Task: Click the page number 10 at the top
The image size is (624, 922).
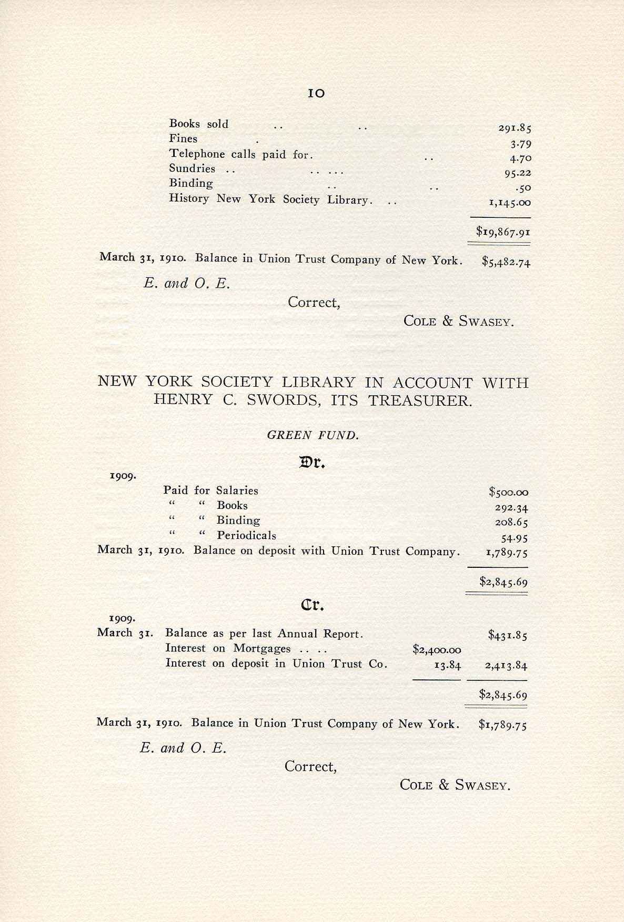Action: [316, 94]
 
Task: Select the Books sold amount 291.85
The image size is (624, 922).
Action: [515, 128]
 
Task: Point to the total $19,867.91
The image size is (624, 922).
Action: [502, 231]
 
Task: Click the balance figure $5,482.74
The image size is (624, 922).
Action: [506, 262]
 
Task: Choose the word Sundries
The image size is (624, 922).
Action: [192, 168]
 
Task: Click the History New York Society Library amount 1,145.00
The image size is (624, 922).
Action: [509, 203]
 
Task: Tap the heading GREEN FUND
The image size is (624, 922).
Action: [313, 435]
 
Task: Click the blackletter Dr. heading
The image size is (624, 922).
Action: [313, 463]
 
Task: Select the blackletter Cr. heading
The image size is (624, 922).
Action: [312, 605]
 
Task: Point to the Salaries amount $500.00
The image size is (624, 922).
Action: [508, 493]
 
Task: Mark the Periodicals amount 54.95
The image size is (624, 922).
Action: [514, 538]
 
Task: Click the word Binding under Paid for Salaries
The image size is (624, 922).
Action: [238, 520]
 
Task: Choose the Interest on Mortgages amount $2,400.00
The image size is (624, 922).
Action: [437, 650]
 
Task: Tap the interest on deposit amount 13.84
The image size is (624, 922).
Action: [447, 665]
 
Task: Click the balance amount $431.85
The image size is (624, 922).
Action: [507, 636]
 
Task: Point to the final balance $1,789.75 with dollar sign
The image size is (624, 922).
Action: [502, 725]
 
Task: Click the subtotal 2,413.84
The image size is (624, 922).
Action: [506, 665]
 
